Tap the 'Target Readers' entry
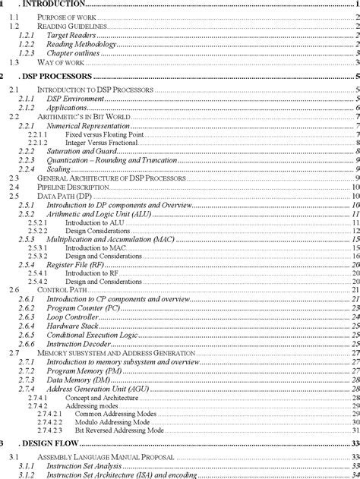click(73, 36)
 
